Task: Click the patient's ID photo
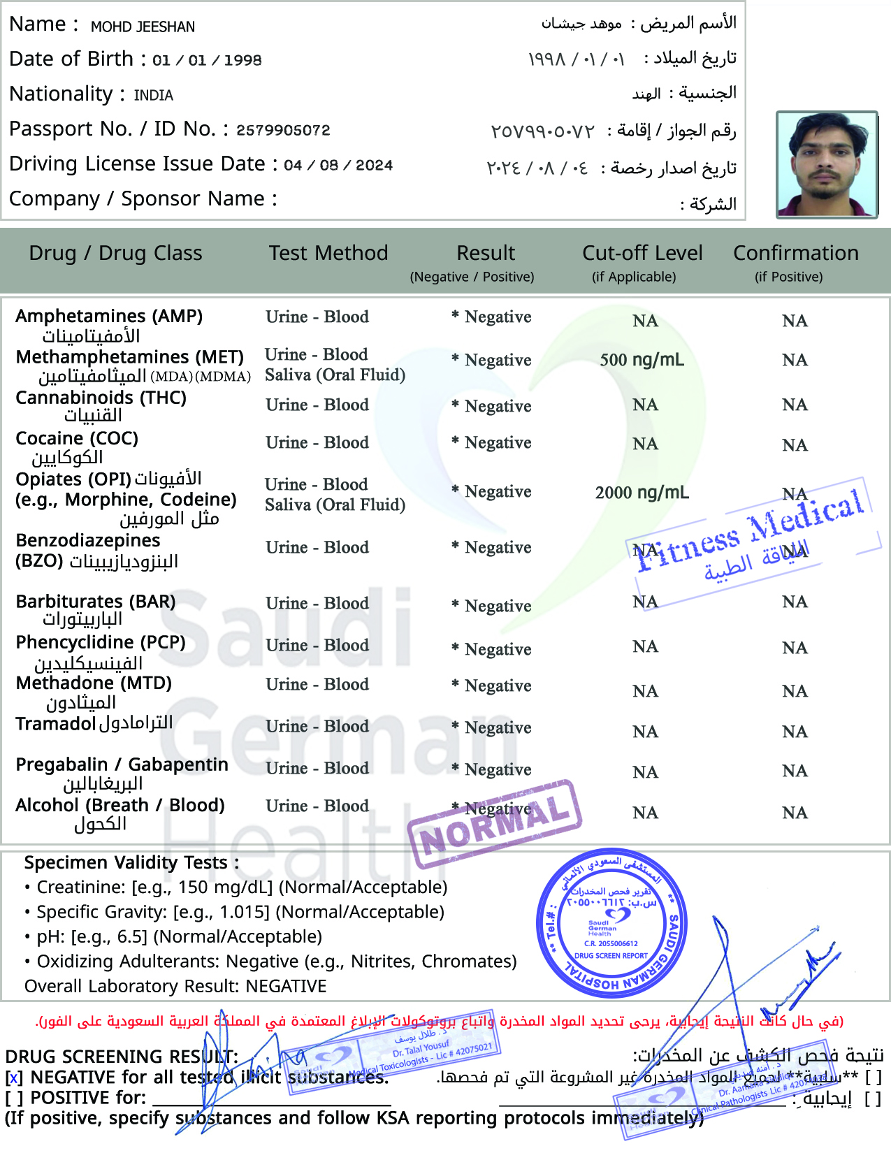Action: [x=827, y=165]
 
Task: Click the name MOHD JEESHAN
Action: [x=143, y=27]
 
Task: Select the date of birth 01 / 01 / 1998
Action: [x=207, y=60]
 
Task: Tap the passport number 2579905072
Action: [x=283, y=130]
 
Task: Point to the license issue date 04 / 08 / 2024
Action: [x=338, y=166]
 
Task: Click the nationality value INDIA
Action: [x=153, y=95]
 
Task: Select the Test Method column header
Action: [x=328, y=253]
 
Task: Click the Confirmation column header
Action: [x=795, y=253]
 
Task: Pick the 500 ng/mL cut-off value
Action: [x=642, y=360]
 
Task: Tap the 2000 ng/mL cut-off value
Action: [x=642, y=493]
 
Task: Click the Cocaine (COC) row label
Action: [x=77, y=438]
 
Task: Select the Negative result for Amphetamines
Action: [x=498, y=317]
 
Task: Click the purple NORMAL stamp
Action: [x=495, y=825]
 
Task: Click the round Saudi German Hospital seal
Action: [x=612, y=923]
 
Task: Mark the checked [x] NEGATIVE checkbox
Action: [x=14, y=1078]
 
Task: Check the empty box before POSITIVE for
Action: [x=14, y=1098]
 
